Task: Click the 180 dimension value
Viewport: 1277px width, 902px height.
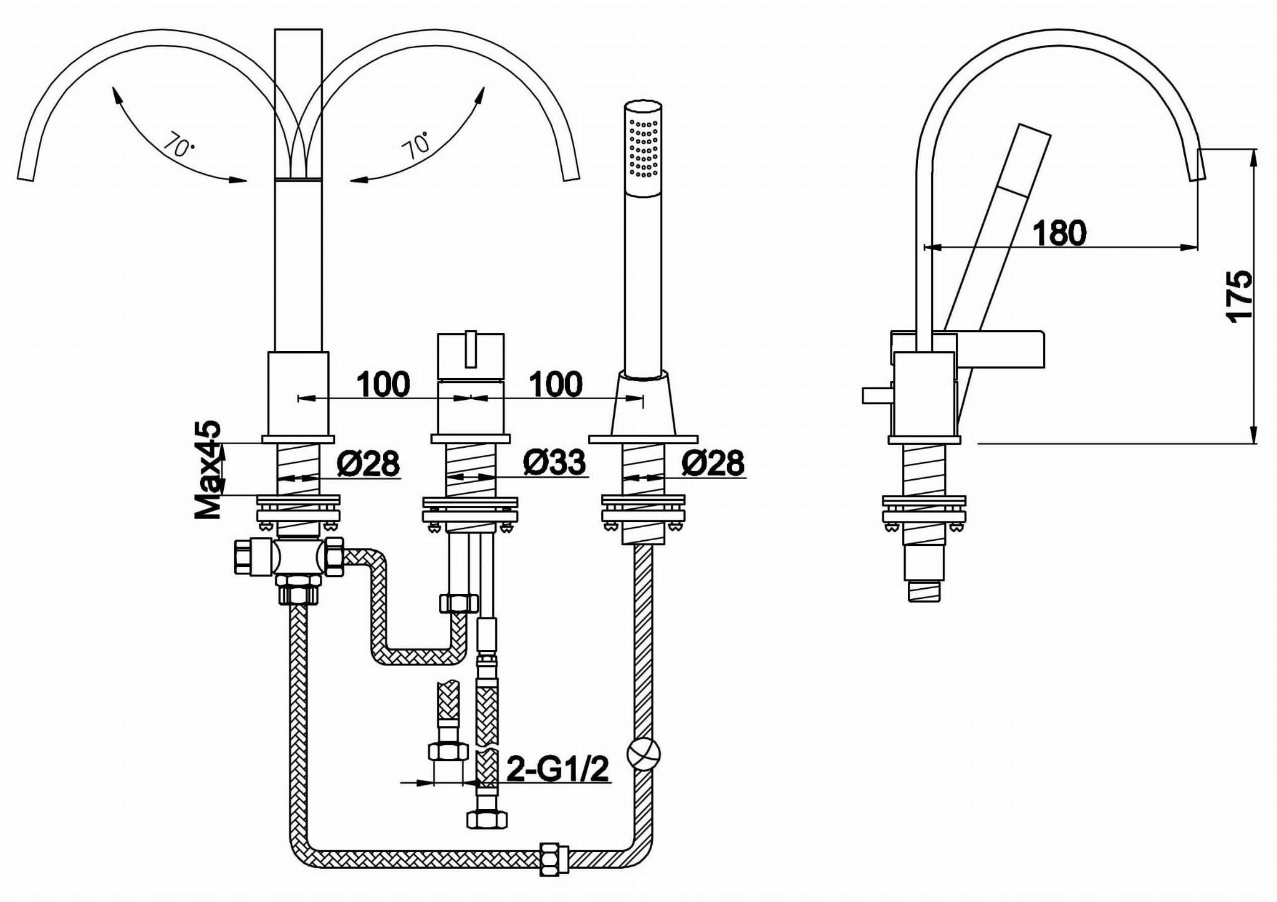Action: pyautogui.click(x=1059, y=232)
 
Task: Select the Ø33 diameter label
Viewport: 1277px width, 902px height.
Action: pyautogui.click(x=554, y=462)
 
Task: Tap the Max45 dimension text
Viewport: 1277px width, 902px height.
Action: pyautogui.click(x=208, y=469)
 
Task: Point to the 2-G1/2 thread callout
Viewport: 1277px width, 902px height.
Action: pyautogui.click(x=557, y=769)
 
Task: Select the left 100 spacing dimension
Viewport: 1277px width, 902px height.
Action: pyautogui.click(x=383, y=384)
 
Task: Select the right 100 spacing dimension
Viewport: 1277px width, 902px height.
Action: pyautogui.click(x=556, y=384)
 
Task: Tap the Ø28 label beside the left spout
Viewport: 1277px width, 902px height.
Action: pyautogui.click(x=368, y=462)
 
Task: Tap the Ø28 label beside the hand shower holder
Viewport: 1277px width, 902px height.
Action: pyautogui.click(x=713, y=462)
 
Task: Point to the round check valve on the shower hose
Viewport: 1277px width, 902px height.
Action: pyautogui.click(x=643, y=754)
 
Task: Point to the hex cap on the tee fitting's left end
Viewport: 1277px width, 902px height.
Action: pyautogui.click(x=243, y=556)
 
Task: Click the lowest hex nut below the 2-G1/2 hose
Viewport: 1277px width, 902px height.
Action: pyautogui.click(x=486, y=819)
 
